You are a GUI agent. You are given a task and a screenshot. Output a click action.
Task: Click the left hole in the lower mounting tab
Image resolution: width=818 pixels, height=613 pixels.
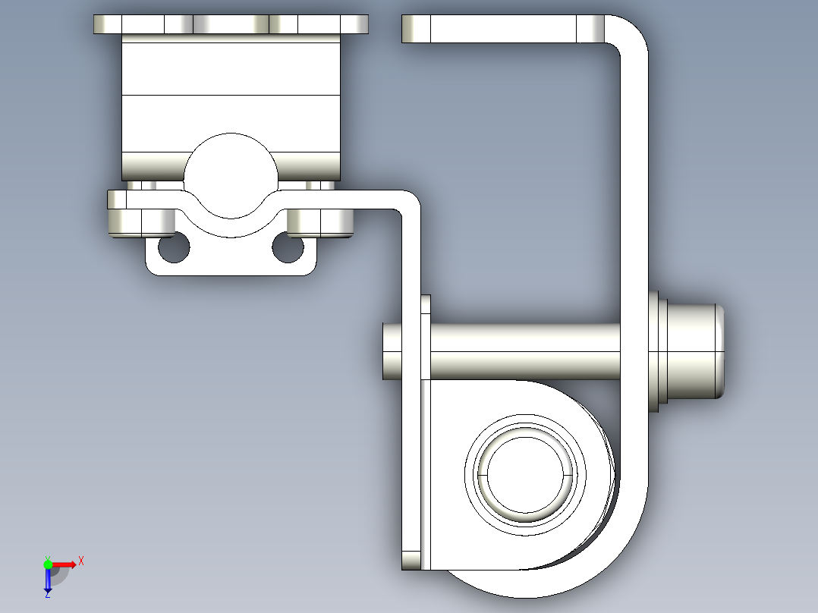(174, 247)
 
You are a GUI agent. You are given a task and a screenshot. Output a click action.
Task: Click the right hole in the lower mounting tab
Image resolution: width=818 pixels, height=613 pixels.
(288, 247)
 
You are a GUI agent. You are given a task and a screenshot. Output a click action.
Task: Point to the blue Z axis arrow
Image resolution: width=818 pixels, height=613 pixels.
(48, 580)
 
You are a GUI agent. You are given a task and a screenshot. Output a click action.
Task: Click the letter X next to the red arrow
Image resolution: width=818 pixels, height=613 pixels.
(80, 561)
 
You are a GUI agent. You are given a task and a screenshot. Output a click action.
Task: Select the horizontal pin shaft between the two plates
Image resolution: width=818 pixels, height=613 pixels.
(524, 351)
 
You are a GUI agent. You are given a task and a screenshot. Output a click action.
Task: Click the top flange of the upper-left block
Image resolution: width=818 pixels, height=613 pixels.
(231, 24)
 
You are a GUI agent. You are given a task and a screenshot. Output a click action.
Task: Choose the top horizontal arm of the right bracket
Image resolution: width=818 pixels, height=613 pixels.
(501, 29)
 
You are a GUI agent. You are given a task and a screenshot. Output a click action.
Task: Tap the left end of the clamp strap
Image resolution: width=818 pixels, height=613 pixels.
(116, 200)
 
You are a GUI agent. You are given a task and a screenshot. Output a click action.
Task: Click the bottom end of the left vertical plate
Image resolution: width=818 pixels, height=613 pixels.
(411, 560)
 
